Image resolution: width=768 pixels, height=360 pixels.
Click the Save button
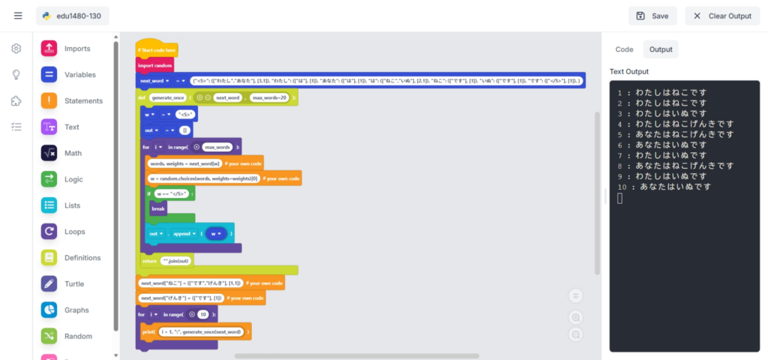[652, 16]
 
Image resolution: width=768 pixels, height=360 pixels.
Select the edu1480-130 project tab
[72, 16]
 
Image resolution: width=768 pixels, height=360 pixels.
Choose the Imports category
[76, 49]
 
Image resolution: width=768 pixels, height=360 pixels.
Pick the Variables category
[79, 75]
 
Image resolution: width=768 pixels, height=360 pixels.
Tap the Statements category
[82, 100]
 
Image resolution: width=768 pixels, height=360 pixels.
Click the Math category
[73, 153]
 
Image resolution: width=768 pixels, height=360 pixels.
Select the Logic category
[74, 179]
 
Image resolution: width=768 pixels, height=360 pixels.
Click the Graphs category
[76, 310]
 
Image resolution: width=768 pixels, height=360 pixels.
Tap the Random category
[78, 336]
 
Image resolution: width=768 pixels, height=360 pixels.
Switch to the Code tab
[624, 49]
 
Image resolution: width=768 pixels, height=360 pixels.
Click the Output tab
[661, 49]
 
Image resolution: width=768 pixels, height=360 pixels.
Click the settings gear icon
[16, 49]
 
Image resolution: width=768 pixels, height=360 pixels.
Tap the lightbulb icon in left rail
[16, 75]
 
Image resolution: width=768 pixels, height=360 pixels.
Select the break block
[158, 208]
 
